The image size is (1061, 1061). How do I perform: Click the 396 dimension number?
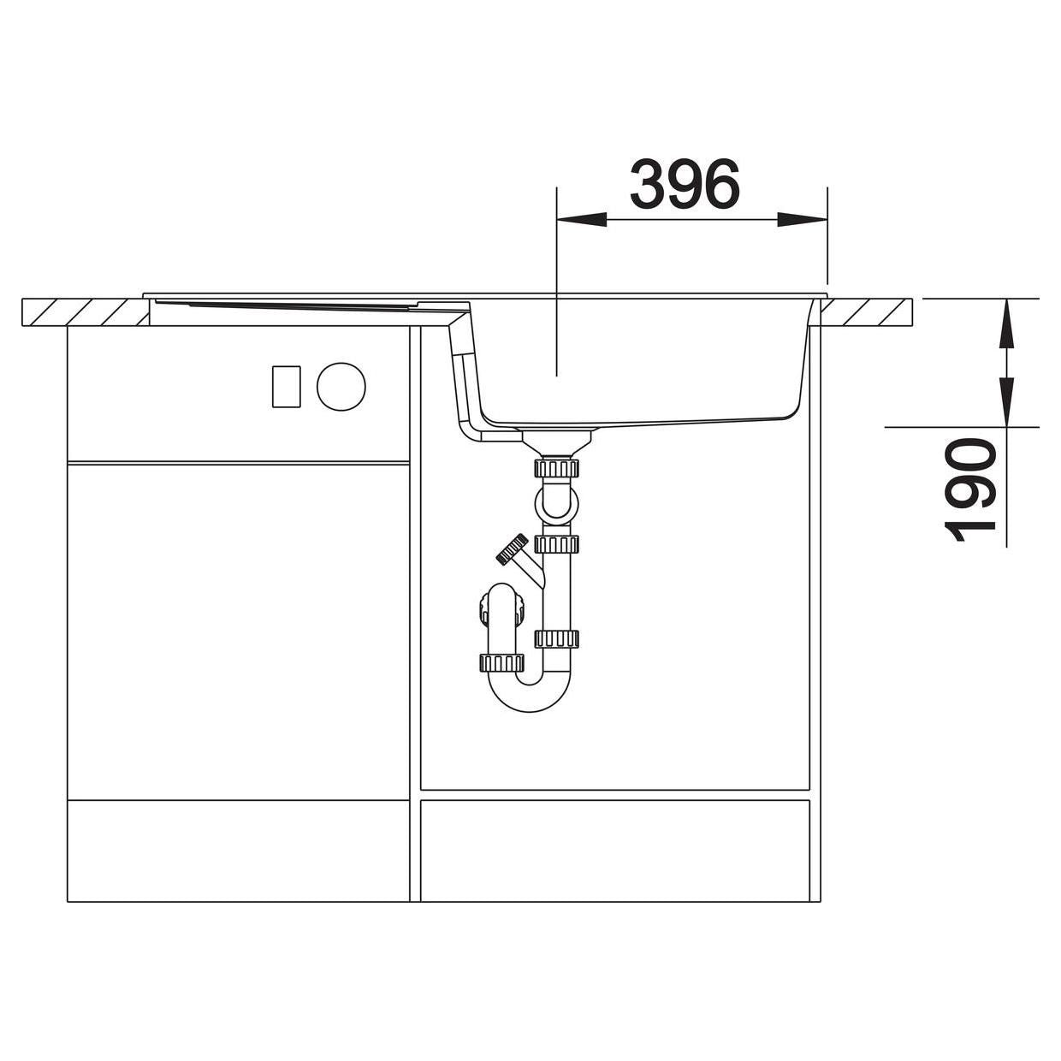coord(685,184)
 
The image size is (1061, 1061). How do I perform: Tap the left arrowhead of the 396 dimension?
coord(582,220)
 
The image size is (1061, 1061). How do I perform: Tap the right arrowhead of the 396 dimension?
coord(803,220)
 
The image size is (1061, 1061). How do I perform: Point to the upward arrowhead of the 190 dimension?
coord(1006,323)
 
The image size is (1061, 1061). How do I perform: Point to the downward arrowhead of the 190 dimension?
coord(1006,401)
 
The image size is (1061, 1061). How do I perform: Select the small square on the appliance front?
coord(287,387)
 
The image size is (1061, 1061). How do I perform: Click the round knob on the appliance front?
coord(341,386)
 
